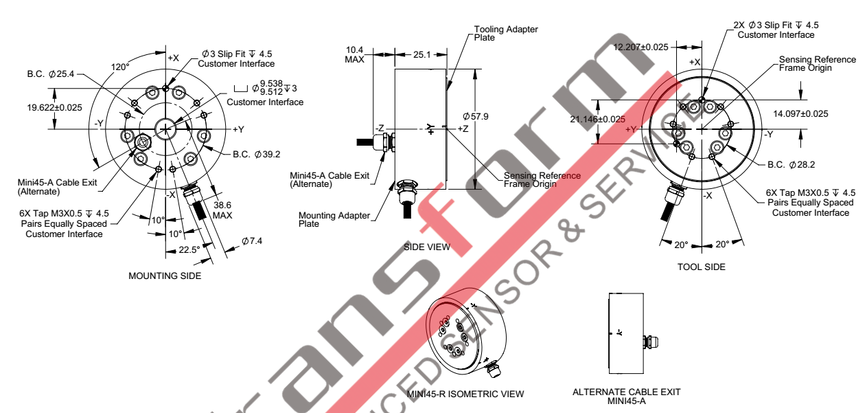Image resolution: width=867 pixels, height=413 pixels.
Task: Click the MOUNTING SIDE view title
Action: (165, 276)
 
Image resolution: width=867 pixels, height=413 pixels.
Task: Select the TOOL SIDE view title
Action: (701, 267)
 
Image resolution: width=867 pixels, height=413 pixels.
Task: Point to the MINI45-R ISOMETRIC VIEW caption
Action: (465, 394)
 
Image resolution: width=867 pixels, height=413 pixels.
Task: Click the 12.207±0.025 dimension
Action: (641, 47)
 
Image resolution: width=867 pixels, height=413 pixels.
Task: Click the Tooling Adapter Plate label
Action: (506, 33)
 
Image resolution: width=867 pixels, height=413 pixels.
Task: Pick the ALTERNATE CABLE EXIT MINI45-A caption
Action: (626, 396)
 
